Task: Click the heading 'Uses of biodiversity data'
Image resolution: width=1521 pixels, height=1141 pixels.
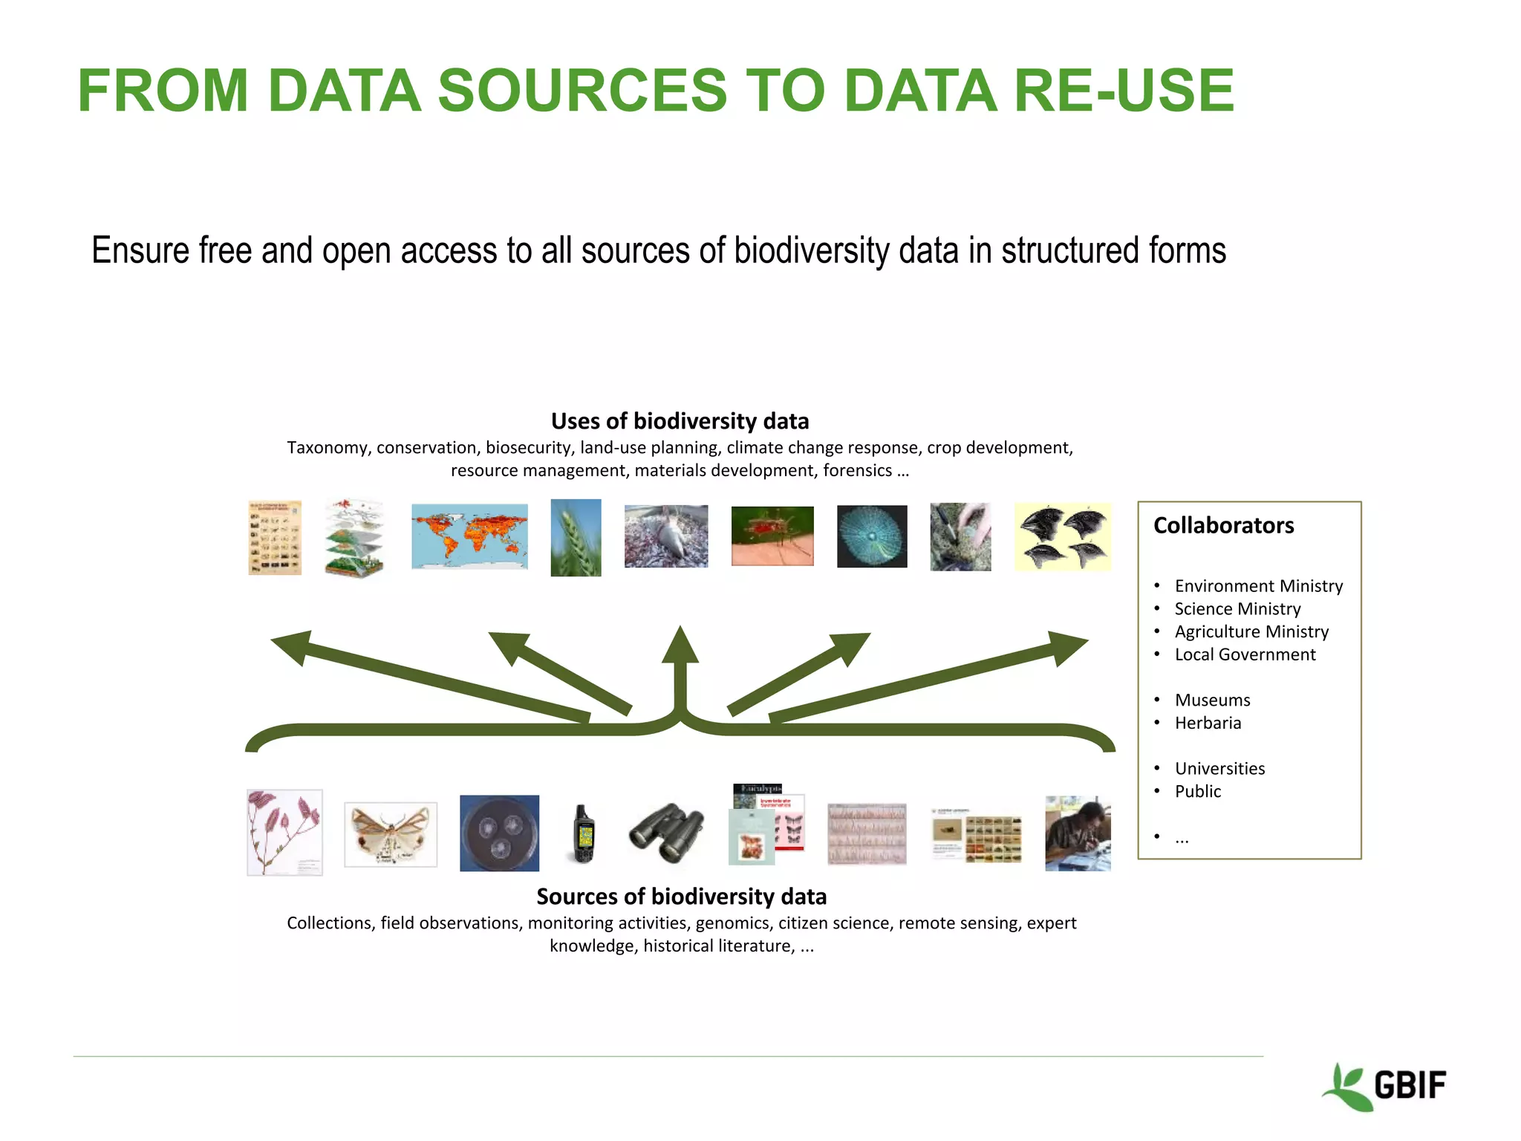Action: click(680, 421)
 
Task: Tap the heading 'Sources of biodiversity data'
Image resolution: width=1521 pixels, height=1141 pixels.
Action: click(681, 897)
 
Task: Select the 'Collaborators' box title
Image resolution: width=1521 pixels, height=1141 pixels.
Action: click(1223, 526)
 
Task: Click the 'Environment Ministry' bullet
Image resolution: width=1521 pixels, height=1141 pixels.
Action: click(1258, 586)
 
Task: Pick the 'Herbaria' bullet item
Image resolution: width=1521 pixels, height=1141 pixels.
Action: click(1208, 723)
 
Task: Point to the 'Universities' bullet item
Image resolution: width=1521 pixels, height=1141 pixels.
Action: click(1219, 769)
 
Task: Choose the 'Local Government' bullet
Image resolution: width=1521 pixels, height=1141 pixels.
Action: click(1245, 654)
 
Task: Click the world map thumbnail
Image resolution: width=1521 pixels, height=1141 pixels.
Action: click(469, 536)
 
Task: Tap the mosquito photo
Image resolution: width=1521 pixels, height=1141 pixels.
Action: click(772, 536)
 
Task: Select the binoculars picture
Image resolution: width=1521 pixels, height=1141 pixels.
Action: click(666, 832)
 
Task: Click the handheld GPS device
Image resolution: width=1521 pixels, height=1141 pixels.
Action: click(584, 833)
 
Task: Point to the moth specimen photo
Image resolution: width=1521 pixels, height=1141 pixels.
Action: click(391, 834)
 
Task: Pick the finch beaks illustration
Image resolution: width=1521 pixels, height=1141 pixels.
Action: click(1063, 537)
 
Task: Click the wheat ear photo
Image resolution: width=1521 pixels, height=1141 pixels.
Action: click(576, 538)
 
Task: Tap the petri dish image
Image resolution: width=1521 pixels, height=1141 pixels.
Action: click(499, 833)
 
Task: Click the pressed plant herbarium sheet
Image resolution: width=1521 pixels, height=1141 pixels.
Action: click(284, 832)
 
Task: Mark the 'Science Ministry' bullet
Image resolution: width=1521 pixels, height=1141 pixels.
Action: click(1237, 609)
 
